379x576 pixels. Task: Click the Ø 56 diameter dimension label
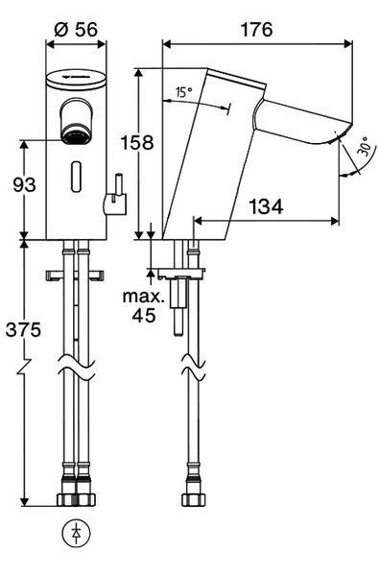click(76, 29)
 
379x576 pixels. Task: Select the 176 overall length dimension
click(257, 29)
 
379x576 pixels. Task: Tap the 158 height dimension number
click(137, 142)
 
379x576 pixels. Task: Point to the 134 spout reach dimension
click(266, 206)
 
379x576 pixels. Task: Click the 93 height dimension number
click(25, 184)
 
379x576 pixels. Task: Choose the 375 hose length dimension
click(23, 330)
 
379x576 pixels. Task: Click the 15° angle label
click(183, 91)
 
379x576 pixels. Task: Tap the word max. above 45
click(144, 297)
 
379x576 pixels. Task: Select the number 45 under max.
click(144, 315)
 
